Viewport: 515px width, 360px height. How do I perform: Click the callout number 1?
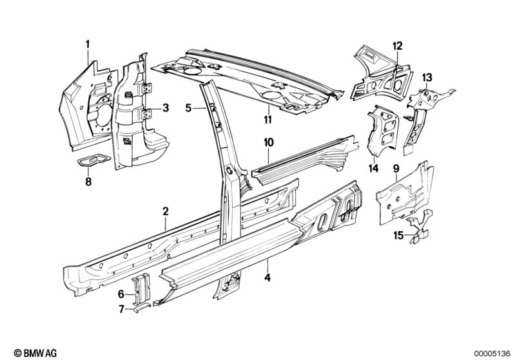[88, 44]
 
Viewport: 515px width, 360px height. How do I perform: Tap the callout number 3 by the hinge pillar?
[166, 108]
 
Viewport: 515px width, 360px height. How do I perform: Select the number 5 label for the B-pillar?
[188, 108]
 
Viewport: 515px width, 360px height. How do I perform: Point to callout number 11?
[268, 119]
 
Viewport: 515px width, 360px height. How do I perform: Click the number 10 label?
[268, 142]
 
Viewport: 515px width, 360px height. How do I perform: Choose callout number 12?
[398, 46]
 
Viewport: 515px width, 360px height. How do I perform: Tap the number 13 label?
[427, 78]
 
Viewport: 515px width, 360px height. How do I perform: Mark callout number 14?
[373, 168]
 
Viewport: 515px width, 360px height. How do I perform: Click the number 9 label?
[396, 169]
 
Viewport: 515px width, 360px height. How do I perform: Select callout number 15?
[398, 235]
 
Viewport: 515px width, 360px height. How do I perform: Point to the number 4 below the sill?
[267, 278]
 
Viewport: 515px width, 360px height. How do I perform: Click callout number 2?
[166, 211]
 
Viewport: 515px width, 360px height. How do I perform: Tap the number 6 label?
[121, 294]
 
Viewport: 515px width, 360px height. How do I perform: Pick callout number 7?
[122, 309]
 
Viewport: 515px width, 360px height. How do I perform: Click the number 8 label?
[88, 181]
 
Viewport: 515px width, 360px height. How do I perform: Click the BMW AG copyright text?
[35, 353]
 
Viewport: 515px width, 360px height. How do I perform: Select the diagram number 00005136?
[492, 354]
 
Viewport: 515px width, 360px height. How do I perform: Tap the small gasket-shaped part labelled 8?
[93, 160]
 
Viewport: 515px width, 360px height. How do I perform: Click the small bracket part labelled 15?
[420, 226]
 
